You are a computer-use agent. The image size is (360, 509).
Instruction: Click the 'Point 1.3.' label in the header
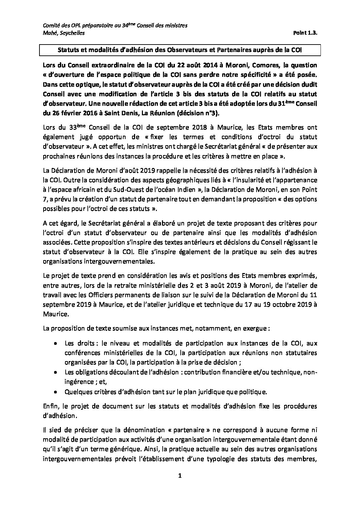tap(305, 33)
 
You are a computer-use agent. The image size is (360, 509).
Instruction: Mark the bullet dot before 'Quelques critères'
tap(56, 391)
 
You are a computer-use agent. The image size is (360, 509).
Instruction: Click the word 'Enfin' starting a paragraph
tap(51, 406)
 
